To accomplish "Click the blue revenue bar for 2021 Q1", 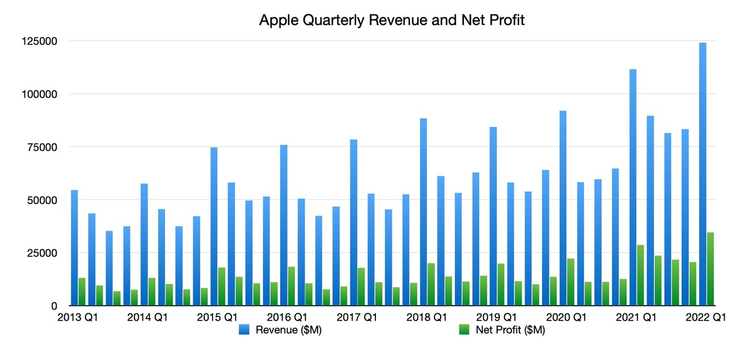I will click(x=633, y=187).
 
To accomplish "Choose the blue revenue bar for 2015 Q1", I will click(x=214, y=226).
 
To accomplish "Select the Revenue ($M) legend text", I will click(x=289, y=331).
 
